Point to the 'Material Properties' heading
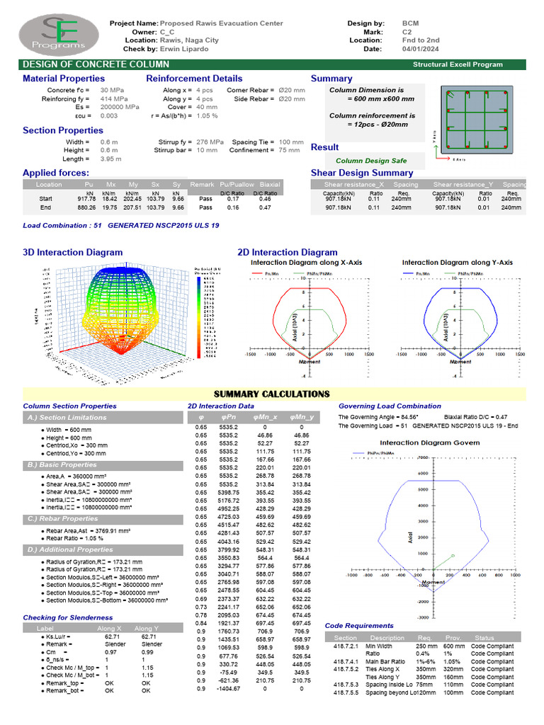pyautogui.click(x=63, y=79)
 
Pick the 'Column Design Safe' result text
pyautogui.click(x=371, y=161)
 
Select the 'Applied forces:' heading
pyautogui.click(x=56, y=173)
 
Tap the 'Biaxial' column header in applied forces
pyautogui.click(x=270, y=184)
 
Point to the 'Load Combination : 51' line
pyautogui.click(x=121, y=225)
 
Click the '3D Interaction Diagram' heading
pyautogui.click(x=72, y=252)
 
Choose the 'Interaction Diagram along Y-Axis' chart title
pyautogui.click(x=457, y=263)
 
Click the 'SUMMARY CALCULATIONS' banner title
pyautogui.click(x=272, y=394)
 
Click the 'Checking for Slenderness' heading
pyautogui.click(x=67, y=617)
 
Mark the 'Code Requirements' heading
pyautogui.click(x=359, y=625)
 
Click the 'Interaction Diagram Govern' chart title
pyautogui.click(x=430, y=443)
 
